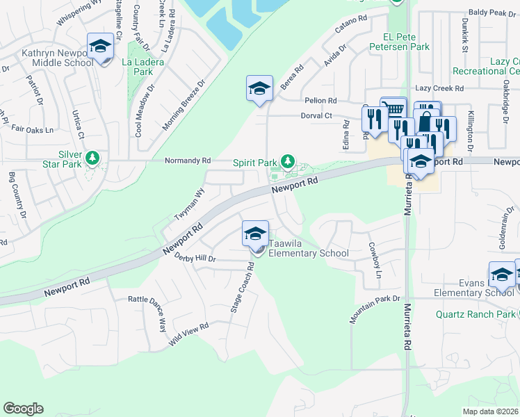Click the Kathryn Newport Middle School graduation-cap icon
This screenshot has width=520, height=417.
pyautogui.click(x=100, y=47)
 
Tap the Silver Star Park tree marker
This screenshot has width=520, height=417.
pyautogui.click(x=92, y=160)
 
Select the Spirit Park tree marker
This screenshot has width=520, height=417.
pyautogui.click(x=286, y=161)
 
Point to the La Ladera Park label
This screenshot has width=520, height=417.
pyautogui.click(x=138, y=67)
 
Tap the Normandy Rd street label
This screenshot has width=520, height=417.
pyautogui.click(x=187, y=161)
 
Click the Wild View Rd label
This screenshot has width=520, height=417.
pyautogui.click(x=188, y=335)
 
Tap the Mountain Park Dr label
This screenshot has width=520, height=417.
pyautogui.click(x=375, y=309)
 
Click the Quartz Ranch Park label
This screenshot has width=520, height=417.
pyautogui.click(x=476, y=314)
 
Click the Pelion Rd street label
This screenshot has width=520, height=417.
pyautogui.click(x=320, y=101)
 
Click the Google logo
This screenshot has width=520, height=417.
pyautogui.click(x=23, y=409)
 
